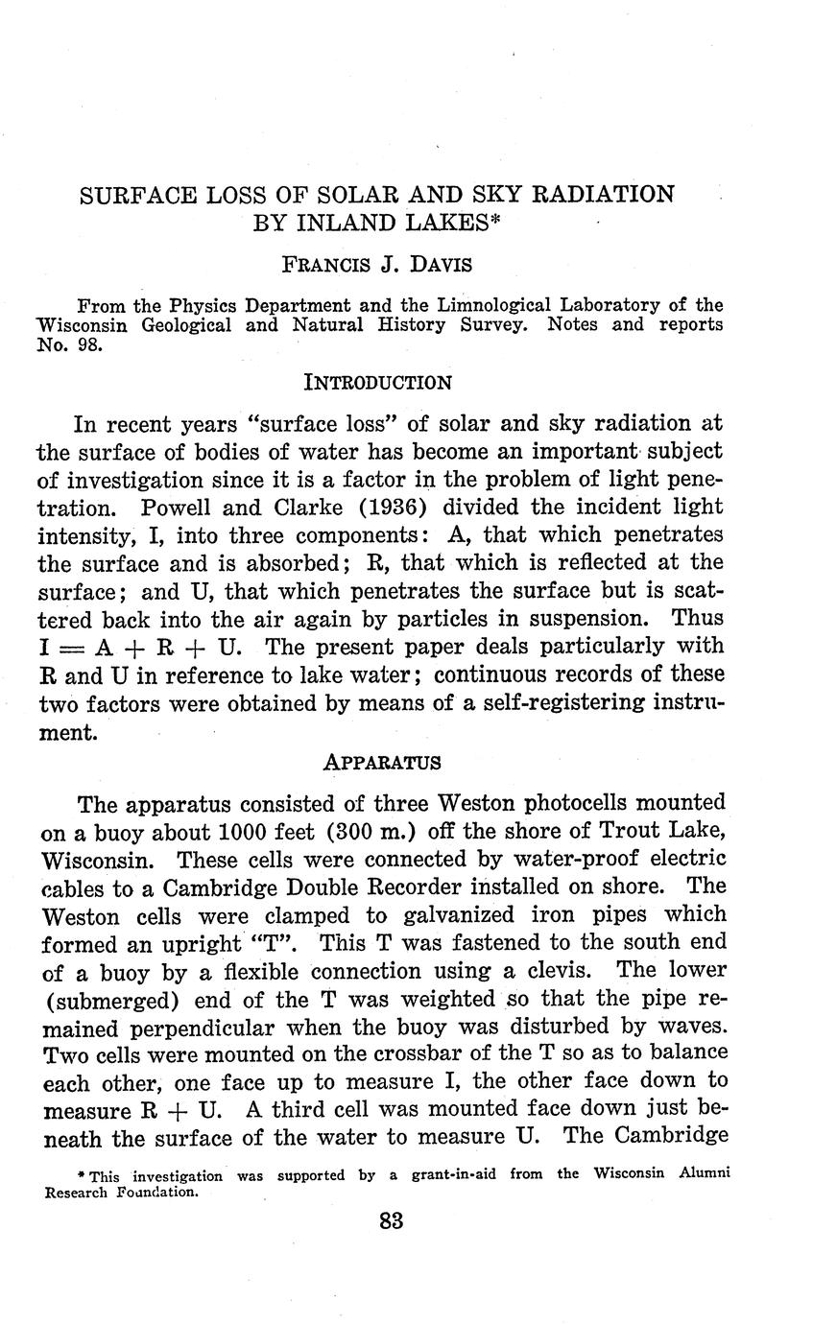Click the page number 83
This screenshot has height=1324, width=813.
point(392,1221)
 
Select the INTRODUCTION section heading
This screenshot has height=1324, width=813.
point(377,382)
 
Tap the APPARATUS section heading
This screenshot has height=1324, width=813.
point(382,763)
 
